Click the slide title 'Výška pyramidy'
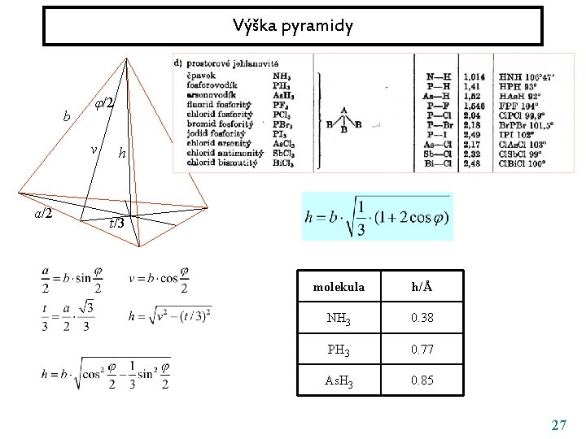pyautogui.click(x=292, y=27)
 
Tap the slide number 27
pyautogui.click(x=558, y=424)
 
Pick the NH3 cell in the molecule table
pyautogui.click(x=337, y=319)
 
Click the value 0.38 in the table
pyautogui.click(x=422, y=319)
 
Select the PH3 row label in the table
pyautogui.click(x=337, y=350)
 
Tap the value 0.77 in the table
pyautogui.click(x=422, y=349)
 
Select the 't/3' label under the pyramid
pyautogui.click(x=116, y=223)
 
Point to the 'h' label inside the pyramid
pyautogui.click(x=121, y=152)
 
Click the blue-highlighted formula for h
pyautogui.click(x=377, y=216)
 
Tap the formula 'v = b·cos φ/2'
pyautogui.click(x=159, y=280)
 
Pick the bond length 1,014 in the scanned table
pyautogui.click(x=474, y=76)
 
